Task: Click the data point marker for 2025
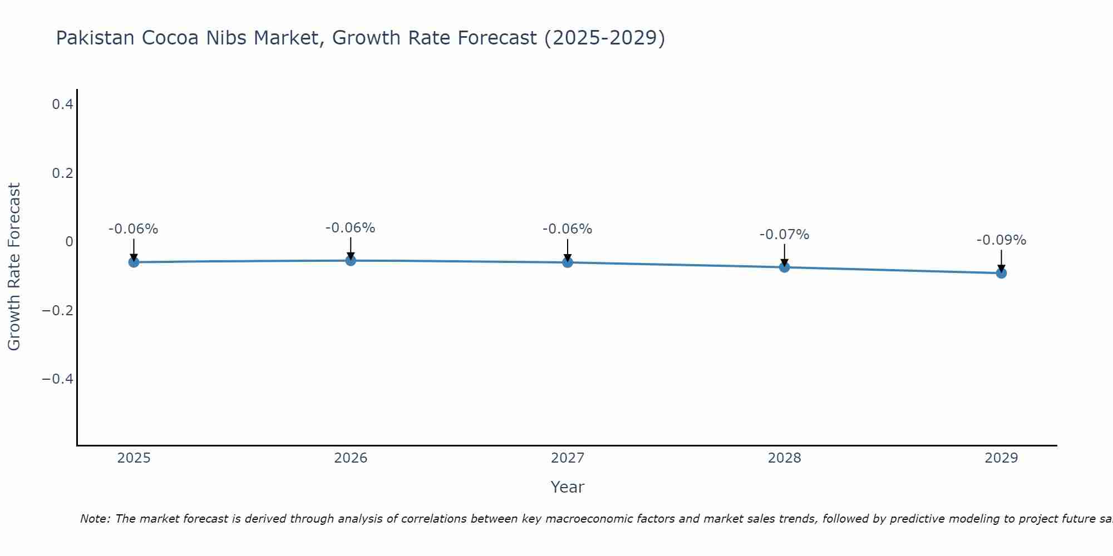click(134, 262)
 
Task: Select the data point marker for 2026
click(351, 260)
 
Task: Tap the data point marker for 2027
click(568, 262)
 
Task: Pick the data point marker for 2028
click(784, 267)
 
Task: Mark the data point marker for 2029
click(1001, 273)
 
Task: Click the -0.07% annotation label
click(784, 235)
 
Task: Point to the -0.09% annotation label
click(1001, 240)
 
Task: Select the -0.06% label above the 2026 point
click(350, 228)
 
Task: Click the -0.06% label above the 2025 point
click(133, 229)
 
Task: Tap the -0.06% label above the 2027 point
click(567, 229)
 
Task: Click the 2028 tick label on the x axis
click(784, 458)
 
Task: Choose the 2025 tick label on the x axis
click(134, 458)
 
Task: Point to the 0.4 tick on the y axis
click(62, 104)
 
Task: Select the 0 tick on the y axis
click(69, 241)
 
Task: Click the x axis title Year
click(567, 487)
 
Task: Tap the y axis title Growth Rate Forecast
click(14, 266)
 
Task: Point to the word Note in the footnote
click(95, 519)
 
